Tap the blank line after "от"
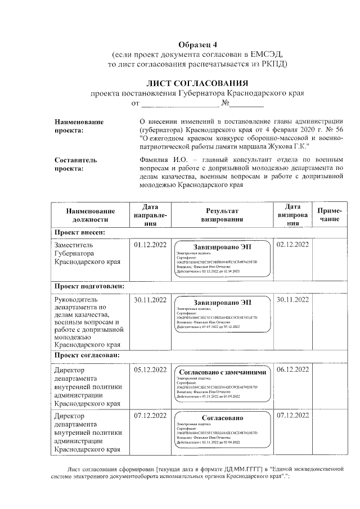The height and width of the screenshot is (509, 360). pyautogui.click(x=179, y=103)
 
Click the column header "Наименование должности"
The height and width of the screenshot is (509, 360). pyautogui.click(x=91, y=215)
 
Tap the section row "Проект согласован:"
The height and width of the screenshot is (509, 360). pyautogui.click(x=87, y=356)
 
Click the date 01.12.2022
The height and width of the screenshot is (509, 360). pyautogui.click(x=150, y=245)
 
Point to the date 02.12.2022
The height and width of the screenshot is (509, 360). pyautogui.click(x=292, y=245)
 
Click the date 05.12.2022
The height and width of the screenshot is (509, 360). pyautogui.click(x=150, y=370)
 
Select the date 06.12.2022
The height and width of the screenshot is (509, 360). pyautogui.click(x=292, y=370)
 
